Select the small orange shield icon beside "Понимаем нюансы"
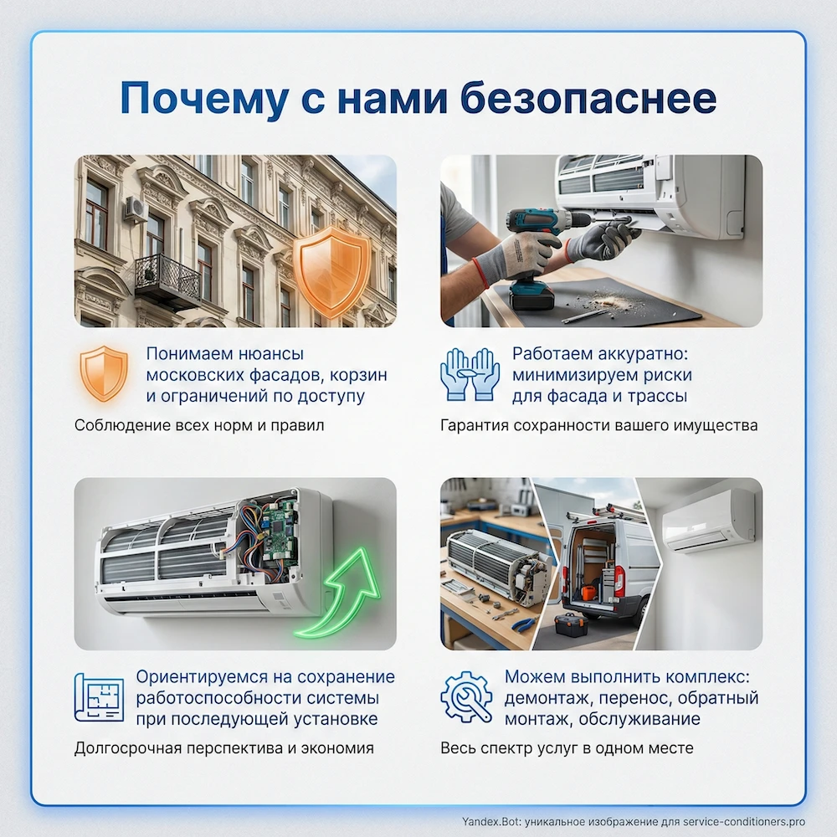pyautogui.click(x=103, y=373)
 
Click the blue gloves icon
pyautogui.click(x=470, y=373)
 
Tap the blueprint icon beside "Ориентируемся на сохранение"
pyautogui.click(x=98, y=697)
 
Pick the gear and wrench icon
pyautogui.click(x=466, y=697)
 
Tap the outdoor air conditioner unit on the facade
pyautogui.click(x=135, y=208)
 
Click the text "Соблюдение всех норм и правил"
pyautogui.click(x=199, y=425)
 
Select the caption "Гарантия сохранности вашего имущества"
pyautogui.click(x=599, y=425)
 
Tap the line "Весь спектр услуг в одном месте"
pyautogui.click(x=567, y=748)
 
